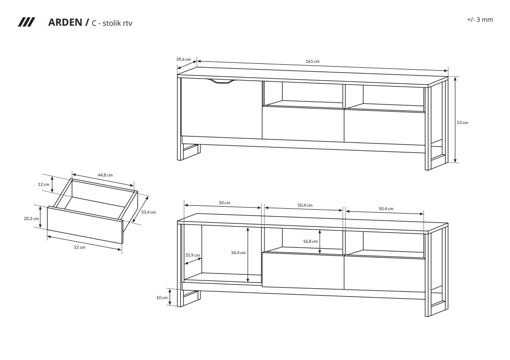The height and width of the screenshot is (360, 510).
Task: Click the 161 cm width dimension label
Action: [x=312, y=61]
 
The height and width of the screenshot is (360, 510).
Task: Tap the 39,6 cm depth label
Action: [x=183, y=59]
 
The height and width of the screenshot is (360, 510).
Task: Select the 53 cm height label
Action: [x=462, y=123]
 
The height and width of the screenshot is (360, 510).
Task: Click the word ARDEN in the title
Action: [x=65, y=22]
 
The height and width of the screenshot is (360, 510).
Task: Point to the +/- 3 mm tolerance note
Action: [x=480, y=19]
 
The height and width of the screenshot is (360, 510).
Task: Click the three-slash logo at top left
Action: [x=26, y=22]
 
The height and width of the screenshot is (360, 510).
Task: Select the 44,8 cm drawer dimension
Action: [x=105, y=175]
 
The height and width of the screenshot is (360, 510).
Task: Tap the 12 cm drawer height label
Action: [x=43, y=184]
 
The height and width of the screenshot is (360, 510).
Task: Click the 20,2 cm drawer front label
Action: [x=31, y=219]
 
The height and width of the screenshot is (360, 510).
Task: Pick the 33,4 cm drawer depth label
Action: [x=148, y=212]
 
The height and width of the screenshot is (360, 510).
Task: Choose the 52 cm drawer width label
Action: [x=80, y=247]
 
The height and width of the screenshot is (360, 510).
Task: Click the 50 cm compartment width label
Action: [x=224, y=203]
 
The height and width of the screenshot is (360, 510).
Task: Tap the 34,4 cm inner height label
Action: [x=238, y=253]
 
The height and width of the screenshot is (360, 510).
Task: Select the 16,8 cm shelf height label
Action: [x=310, y=241]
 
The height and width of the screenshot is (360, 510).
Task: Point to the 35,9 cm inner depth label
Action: [x=193, y=255]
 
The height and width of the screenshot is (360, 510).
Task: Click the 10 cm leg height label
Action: [x=162, y=298]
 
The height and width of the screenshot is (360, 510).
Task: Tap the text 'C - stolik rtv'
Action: [x=112, y=23]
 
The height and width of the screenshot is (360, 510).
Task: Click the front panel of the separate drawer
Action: [x=85, y=225]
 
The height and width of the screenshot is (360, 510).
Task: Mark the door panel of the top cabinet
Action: [x=221, y=108]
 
